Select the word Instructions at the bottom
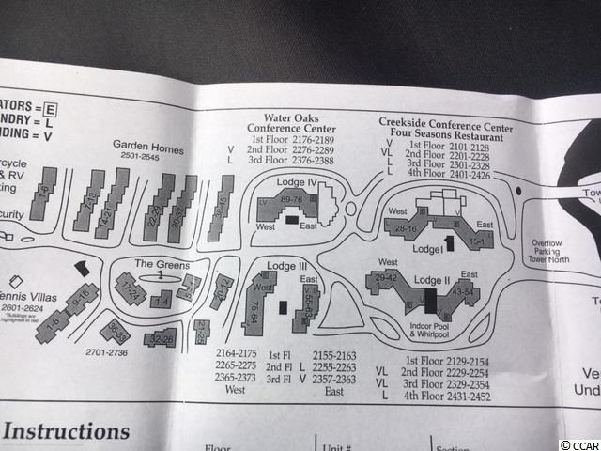(x=67, y=432)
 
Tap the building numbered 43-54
(x=462, y=293)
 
